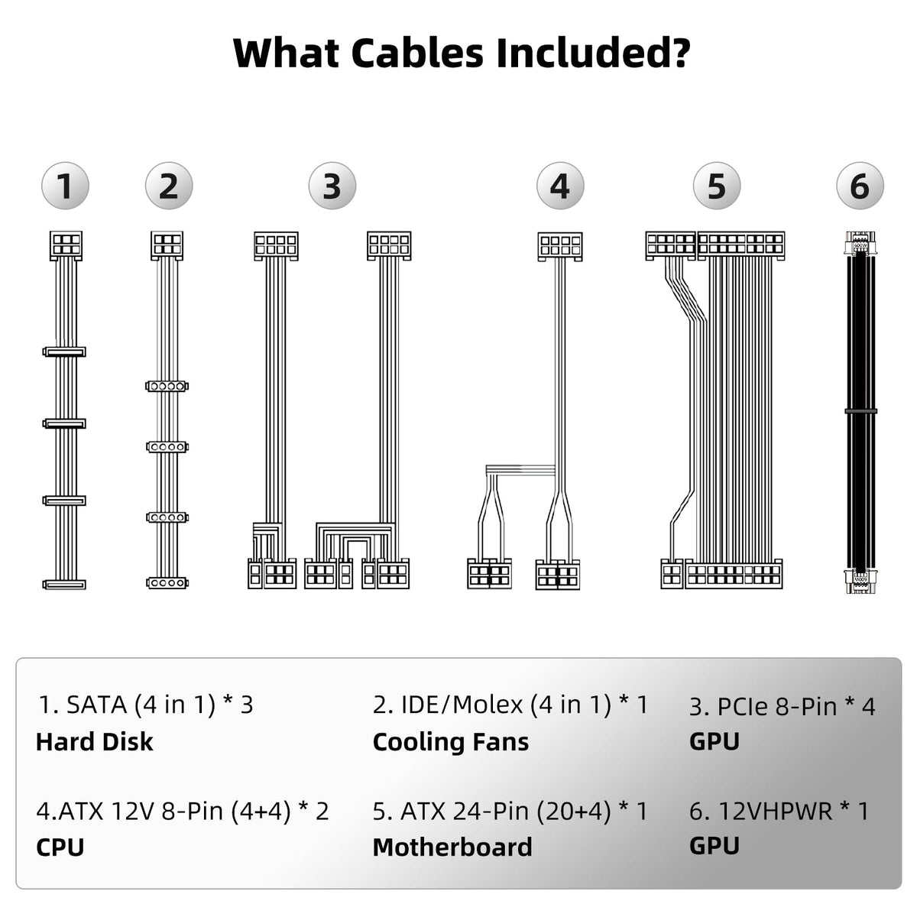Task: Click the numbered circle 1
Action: pos(65,186)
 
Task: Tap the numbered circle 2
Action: pos(169,186)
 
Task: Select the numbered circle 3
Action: pos(332,186)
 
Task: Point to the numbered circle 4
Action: pos(560,186)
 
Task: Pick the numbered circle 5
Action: pos(716,186)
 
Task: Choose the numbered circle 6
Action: pos(860,186)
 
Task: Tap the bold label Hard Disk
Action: pos(94,741)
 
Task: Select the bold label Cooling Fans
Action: pos(450,741)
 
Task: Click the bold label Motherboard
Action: pos(452,847)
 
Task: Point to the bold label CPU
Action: pos(60,847)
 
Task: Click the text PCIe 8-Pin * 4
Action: pos(782,705)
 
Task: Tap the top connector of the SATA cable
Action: pos(65,245)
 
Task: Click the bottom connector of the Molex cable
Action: pos(167,583)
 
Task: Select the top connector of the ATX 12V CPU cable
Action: pos(560,245)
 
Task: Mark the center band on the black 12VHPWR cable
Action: pos(860,411)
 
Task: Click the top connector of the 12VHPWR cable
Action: pos(860,242)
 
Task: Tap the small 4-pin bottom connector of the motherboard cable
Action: pos(672,574)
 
